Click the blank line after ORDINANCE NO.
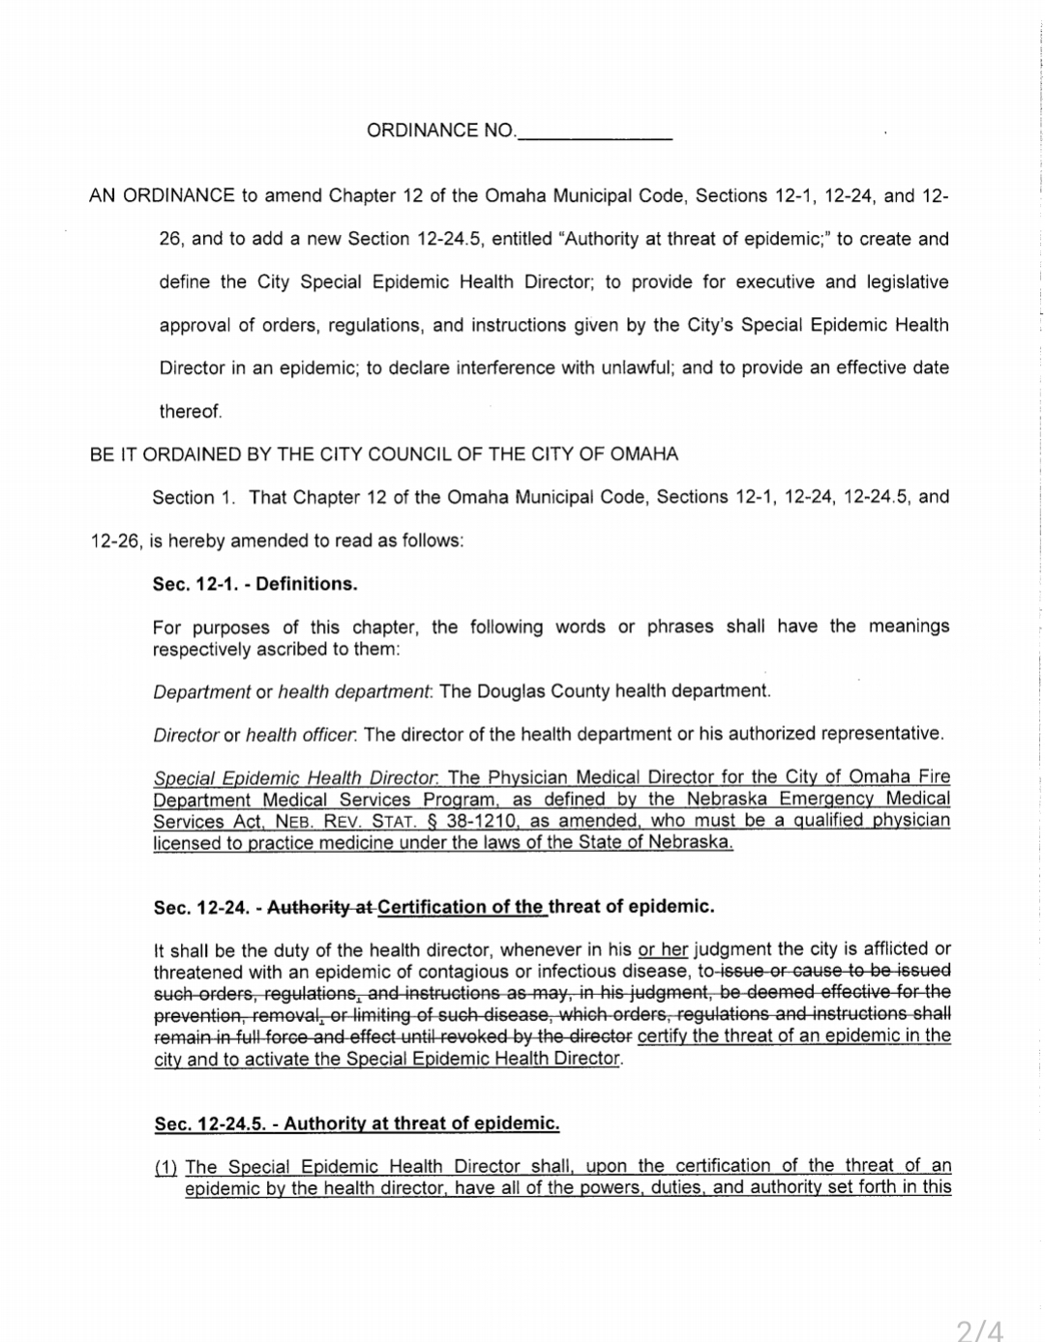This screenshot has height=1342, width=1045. pyautogui.click(x=594, y=131)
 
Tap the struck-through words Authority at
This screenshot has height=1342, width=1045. pyautogui.click(x=320, y=907)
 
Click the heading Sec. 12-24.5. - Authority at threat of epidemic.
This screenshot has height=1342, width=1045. pyautogui.click(x=357, y=1123)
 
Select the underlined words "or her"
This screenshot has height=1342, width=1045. pyautogui.click(x=663, y=948)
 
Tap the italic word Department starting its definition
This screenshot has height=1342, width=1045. pyautogui.click(x=202, y=691)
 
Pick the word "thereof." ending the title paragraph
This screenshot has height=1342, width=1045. pyautogui.click(x=191, y=412)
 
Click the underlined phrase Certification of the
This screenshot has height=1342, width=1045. pyautogui.click(x=461, y=907)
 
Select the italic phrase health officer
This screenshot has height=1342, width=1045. pyautogui.click(x=300, y=735)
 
